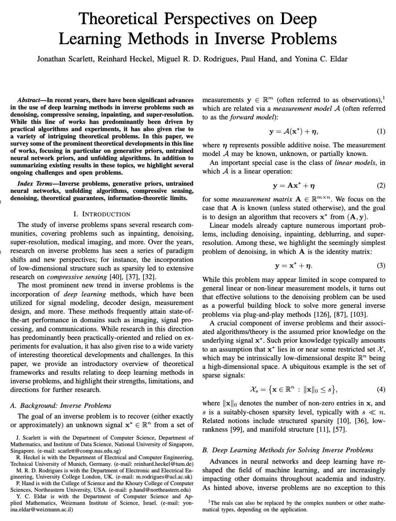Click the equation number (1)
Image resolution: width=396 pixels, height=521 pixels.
pyautogui.click(x=381, y=131)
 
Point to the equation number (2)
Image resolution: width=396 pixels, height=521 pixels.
pyautogui.click(x=381, y=185)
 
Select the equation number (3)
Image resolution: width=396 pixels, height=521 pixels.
pyautogui.click(x=381, y=265)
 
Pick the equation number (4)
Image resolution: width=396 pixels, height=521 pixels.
pyautogui.click(x=381, y=389)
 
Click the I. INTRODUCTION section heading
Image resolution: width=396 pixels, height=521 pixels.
pyautogui.click(x=102, y=214)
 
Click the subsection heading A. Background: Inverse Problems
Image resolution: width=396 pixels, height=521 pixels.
pyautogui.click(x=60, y=405)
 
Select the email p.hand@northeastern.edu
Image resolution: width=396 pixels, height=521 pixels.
pyautogui.click(x=159, y=490)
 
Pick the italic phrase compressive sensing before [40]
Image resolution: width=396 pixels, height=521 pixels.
pyautogui.click(x=77, y=277)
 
